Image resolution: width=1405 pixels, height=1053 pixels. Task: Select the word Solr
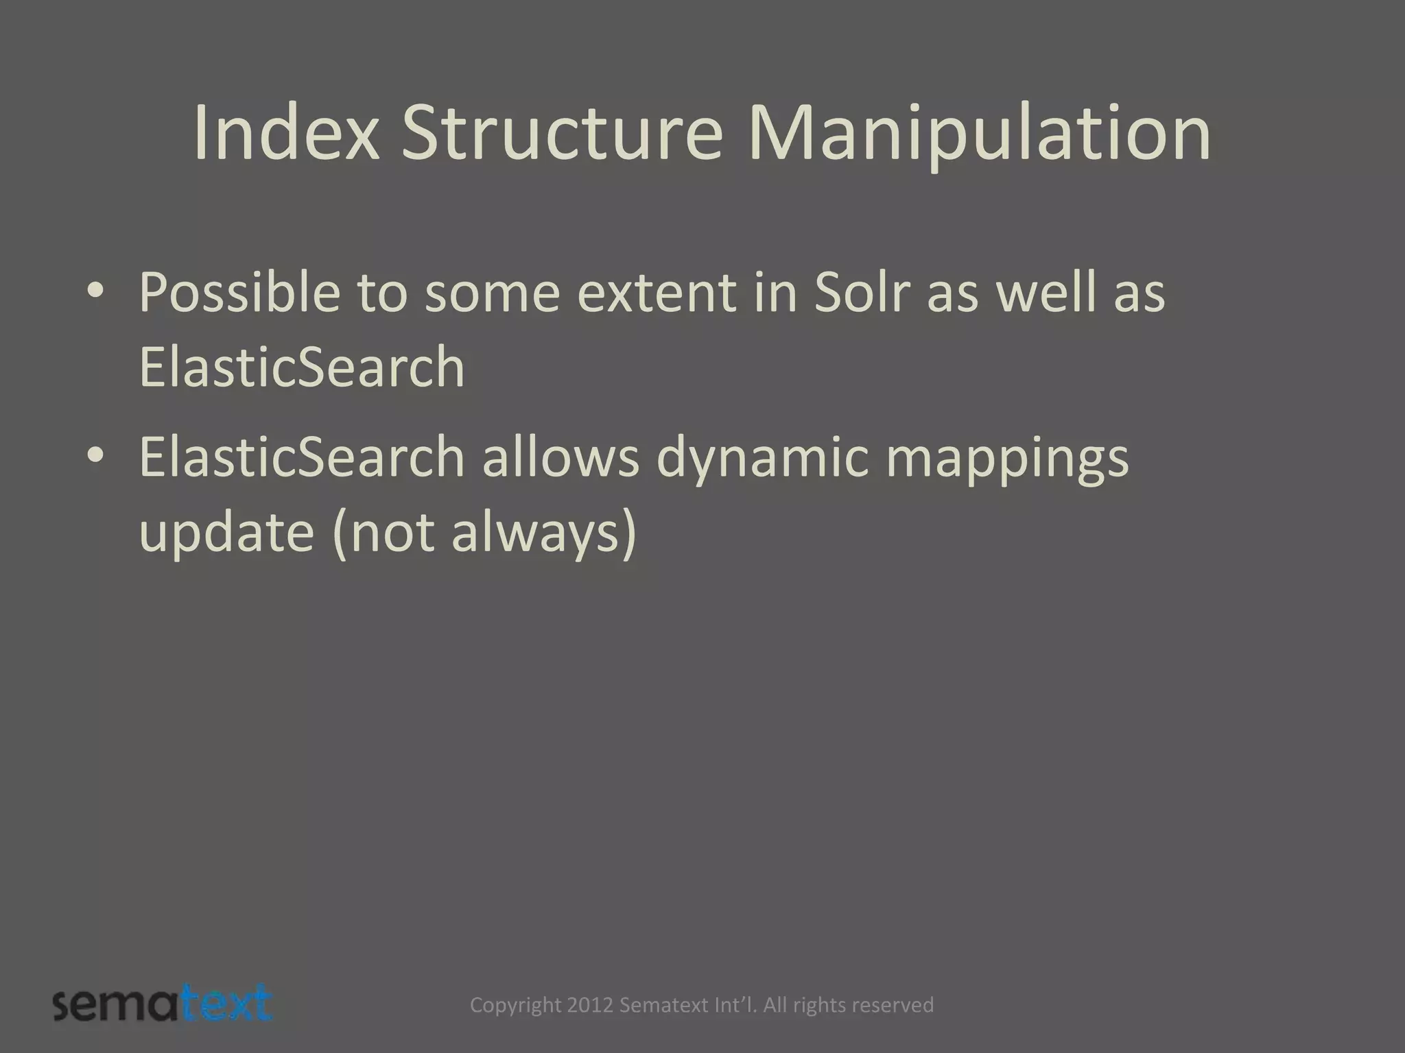point(862,293)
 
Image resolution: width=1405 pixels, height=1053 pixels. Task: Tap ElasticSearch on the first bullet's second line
point(302,367)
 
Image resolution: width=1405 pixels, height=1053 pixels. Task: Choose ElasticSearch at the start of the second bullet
point(302,457)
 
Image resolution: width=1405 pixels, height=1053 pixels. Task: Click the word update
point(226,533)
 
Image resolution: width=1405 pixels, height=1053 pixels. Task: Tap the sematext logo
point(163,1004)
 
